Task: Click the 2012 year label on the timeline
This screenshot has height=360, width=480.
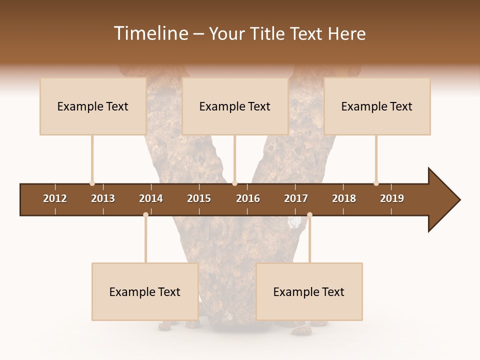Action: (x=55, y=198)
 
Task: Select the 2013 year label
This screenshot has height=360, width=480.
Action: (x=103, y=198)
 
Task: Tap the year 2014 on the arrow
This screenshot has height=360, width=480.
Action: (x=151, y=198)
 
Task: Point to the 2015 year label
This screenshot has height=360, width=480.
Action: (x=199, y=198)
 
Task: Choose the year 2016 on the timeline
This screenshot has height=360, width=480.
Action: (x=248, y=198)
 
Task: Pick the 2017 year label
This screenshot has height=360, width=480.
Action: (x=296, y=198)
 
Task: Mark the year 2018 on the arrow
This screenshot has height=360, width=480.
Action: (x=344, y=198)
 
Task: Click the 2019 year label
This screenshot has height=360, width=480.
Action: (x=392, y=198)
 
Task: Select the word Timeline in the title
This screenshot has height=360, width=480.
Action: (x=150, y=33)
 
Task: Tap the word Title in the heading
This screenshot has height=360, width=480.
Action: (x=267, y=33)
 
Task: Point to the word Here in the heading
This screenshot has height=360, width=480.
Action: (x=346, y=33)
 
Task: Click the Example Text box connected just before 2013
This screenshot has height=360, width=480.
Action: (x=93, y=106)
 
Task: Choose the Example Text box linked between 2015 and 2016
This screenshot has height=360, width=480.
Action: (x=235, y=106)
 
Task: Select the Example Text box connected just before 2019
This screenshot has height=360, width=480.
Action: (x=377, y=106)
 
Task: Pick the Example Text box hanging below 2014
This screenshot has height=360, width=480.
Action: (x=145, y=292)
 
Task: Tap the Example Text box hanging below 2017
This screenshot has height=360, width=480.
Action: (x=309, y=292)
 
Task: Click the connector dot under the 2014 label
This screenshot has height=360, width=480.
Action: (x=145, y=214)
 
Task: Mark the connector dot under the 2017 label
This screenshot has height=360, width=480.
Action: (x=309, y=214)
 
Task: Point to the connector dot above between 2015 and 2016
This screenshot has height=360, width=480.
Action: (x=235, y=183)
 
